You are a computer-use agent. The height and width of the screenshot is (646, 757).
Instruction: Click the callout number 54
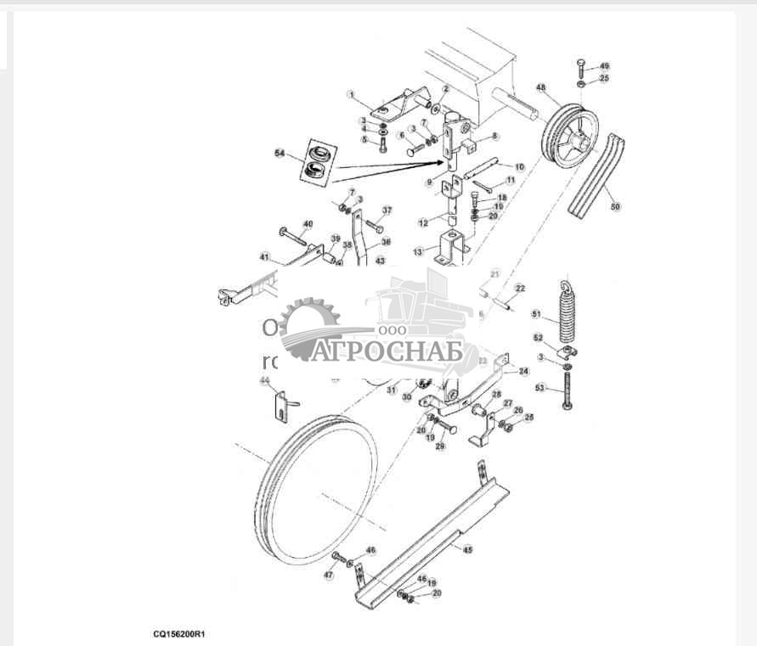tap(280, 153)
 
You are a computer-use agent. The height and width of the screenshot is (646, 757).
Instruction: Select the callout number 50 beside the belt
tap(615, 205)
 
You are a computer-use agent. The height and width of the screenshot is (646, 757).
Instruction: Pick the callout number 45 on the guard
tap(467, 549)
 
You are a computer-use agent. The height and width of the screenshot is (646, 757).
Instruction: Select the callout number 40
tap(308, 224)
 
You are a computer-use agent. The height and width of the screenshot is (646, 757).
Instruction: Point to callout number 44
tap(265, 380)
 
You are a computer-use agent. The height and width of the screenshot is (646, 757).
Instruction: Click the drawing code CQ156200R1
tap(180, 633)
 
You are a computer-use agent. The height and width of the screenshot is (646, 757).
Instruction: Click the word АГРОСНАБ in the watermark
tap(386, 351)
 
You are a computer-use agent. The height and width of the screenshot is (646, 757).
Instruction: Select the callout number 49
tap(604, 65)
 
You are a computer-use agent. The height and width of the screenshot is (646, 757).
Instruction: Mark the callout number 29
tap(440, 447)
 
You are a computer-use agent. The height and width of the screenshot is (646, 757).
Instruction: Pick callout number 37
tap(387, 210)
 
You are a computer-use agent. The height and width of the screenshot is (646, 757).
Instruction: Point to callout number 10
tap(520, 166)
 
